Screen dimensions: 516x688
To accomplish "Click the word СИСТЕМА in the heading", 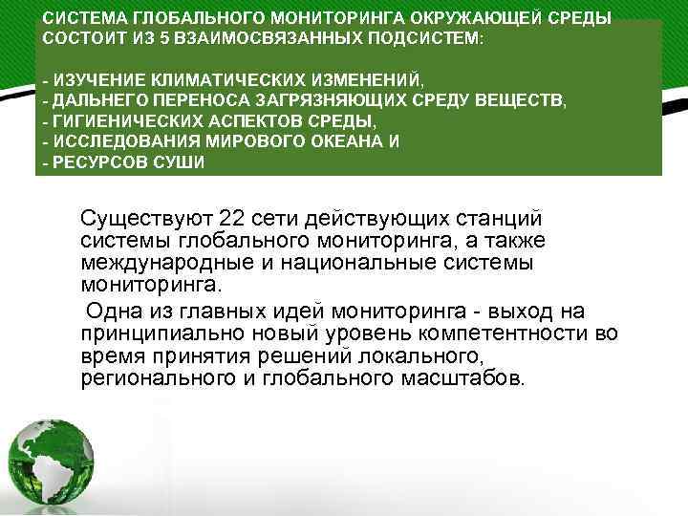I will tap(82, 19).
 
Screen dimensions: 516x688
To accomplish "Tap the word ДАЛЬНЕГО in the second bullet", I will tap(97, 100).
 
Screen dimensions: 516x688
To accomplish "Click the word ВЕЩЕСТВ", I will tap(527, 100).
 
